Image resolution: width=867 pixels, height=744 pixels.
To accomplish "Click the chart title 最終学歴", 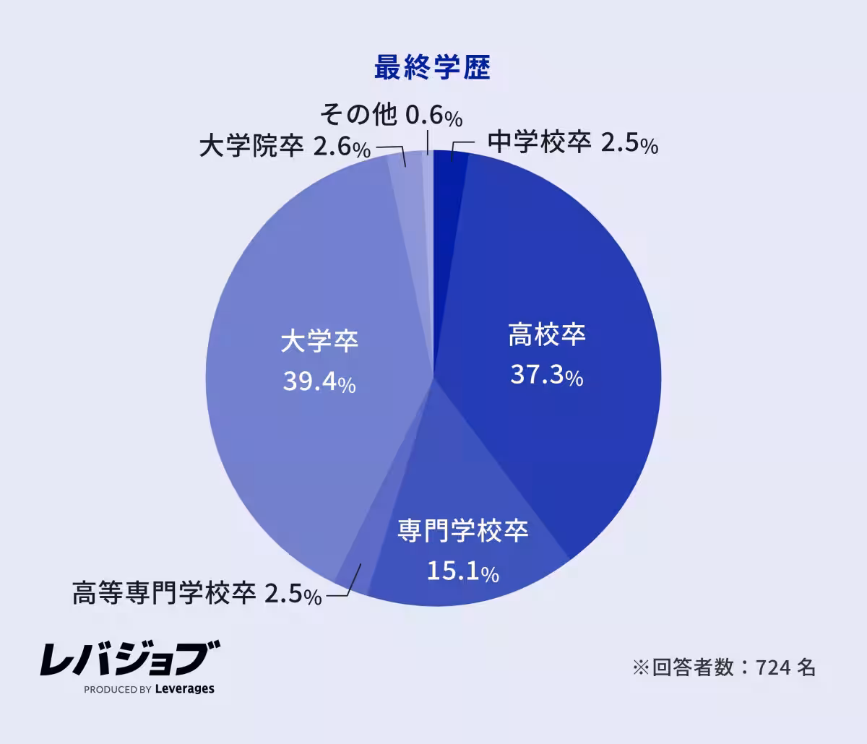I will pyautogui.click(x=432, y=68).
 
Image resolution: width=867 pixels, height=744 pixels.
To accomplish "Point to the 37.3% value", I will pyautogui.click(x=546, y=375).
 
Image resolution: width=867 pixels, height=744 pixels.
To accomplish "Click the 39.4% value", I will pyautogui.click(x=319, y=382).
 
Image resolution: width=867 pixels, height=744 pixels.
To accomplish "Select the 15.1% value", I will pyautogui.click(x=462, y=572).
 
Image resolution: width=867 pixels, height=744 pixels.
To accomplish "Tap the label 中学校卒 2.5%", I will pyautogui.click(x=572, y=143).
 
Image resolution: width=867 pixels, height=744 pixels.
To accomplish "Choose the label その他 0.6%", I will pyautogui.click(x=391, y=114).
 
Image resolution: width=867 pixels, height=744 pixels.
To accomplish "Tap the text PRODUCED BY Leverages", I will pyautogui.click(x=149, y=689).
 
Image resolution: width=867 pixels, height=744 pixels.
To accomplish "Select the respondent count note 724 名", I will pyautogui.click(x=724, y=667).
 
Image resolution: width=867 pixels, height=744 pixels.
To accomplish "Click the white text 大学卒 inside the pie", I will pyautogui.click(x=319, y=341).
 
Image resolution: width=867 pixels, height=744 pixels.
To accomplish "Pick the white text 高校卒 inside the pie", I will pyautogui.click(x=546, y=335).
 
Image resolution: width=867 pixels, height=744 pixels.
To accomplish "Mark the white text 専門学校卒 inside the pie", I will pyautogui.click(x=462, y=532).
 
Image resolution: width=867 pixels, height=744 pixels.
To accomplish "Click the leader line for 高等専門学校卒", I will pyautogui.click(x=350, y=585).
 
